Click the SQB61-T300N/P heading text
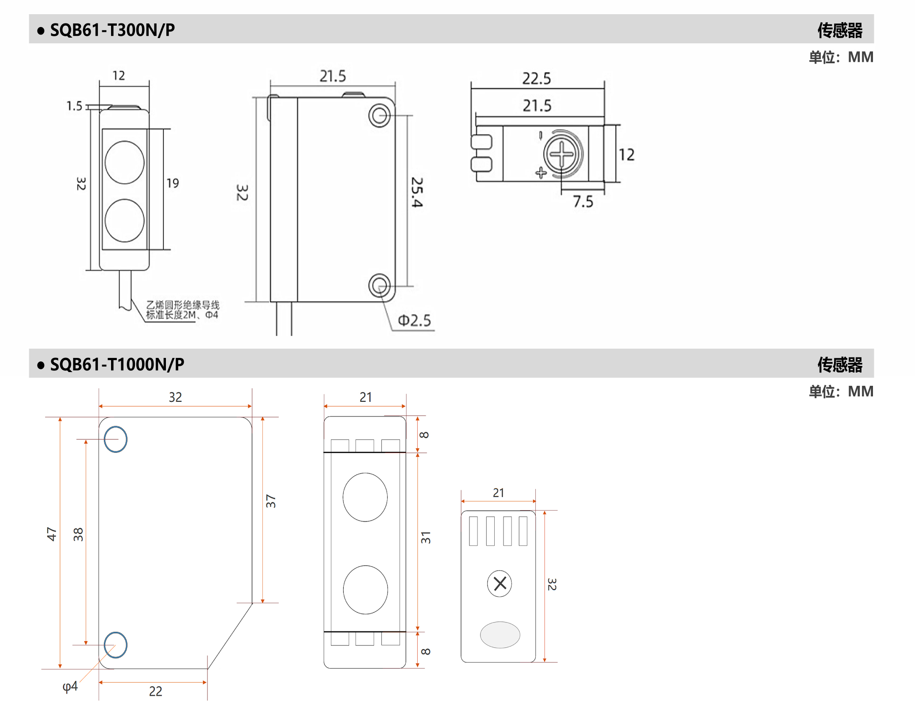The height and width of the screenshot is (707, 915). click(112, 30)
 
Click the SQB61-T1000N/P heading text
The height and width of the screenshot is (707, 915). click(117, 365)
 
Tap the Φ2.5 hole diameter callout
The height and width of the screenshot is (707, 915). click(414, 320)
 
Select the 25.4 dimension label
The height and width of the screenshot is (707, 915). click(417, 192)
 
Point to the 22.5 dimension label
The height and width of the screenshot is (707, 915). click(537, 79)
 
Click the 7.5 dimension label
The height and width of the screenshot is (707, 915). click(583, 202)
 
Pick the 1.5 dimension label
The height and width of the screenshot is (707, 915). click(74, 106)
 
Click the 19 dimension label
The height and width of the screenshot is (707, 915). click(173, 183)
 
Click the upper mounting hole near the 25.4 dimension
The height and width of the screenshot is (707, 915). click(379, 116)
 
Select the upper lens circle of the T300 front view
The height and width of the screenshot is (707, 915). click(125, 162)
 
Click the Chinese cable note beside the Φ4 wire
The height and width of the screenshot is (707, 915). click(183, 310)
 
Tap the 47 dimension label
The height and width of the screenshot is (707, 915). click(52, 534)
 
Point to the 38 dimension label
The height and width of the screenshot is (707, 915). click(78, 534)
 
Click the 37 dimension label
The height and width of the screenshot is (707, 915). click(271, 501)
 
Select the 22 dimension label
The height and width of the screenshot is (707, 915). click(156, 692)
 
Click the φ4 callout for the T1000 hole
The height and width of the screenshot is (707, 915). click(70, 687)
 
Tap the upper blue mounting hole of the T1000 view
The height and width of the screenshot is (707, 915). click(115, 439)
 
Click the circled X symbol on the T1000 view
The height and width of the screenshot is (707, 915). click(500, 584)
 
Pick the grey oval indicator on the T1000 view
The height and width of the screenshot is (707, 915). click(500, 635)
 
